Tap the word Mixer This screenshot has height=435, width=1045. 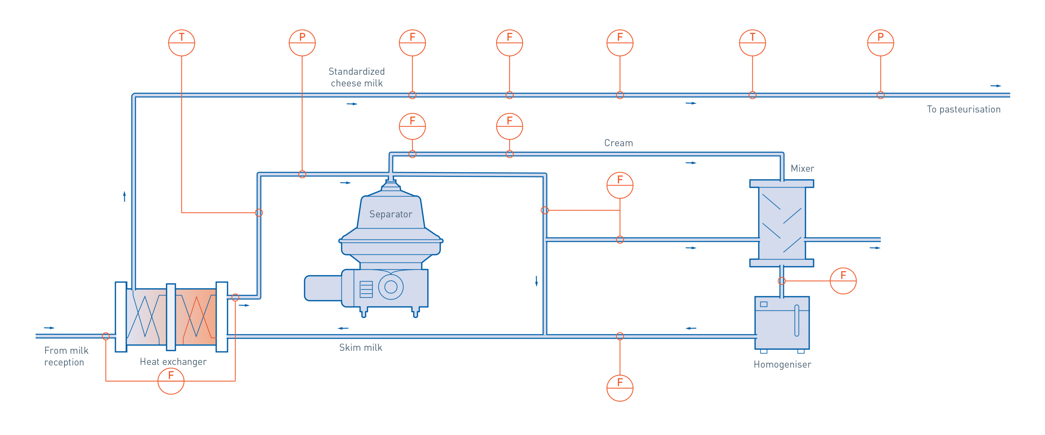(x=802, y=168)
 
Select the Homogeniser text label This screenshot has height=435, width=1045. (x=782, y=365)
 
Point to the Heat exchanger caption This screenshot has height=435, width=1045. (x=173, y=362)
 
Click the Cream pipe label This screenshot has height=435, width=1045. (x=618, y=143)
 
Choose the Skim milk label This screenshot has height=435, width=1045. (x=361, y=347)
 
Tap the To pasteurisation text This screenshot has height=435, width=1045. (x=963, y=109)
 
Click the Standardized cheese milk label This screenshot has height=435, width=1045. (x=356, y=77)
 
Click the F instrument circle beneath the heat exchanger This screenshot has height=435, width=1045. (x=171, y=381)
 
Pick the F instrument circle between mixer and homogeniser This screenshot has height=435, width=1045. (x=843, y=281)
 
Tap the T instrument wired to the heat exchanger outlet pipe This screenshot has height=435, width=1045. (x=181, y=43)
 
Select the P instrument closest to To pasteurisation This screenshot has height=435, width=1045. (x=880, y=43)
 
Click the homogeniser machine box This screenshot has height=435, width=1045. (x=782, y=323)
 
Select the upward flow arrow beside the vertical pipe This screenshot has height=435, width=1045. (x=125, y=197)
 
